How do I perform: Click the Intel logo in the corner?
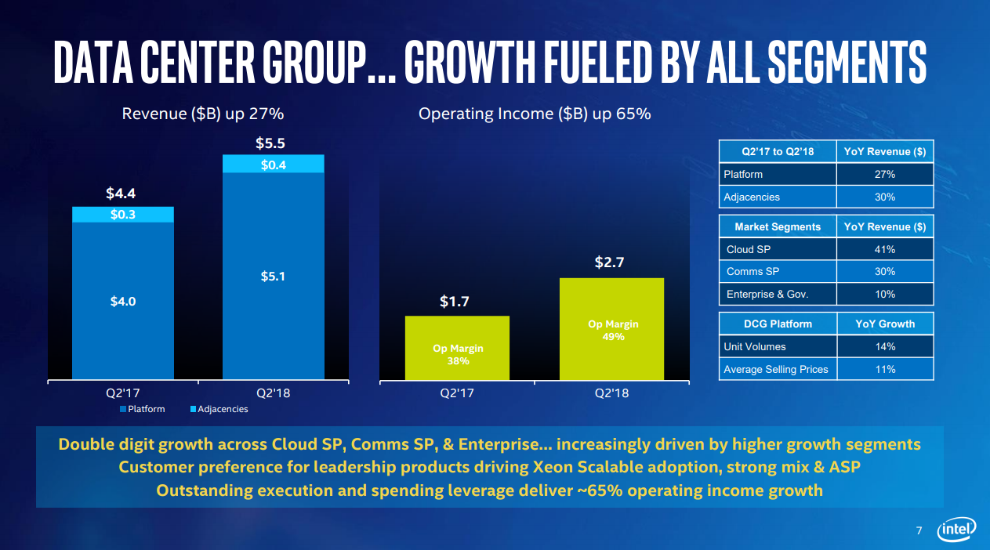point(957,530)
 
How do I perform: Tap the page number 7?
point(919,532)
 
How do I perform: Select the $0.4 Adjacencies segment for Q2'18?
point(273,164)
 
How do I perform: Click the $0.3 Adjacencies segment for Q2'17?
point(122,215)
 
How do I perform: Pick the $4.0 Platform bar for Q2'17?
point(122,301)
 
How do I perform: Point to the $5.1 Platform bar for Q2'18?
point(273,276)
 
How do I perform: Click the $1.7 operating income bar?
point(457,348)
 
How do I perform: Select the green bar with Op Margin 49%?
point(611,329)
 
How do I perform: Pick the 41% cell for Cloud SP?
point(885,250)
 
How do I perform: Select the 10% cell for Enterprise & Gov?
point(885,294)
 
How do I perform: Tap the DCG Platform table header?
point(778,324)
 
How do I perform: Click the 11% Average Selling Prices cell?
point(885,369)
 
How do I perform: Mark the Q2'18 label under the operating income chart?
point(611,393)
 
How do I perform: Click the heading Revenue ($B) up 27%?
point(202,114)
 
